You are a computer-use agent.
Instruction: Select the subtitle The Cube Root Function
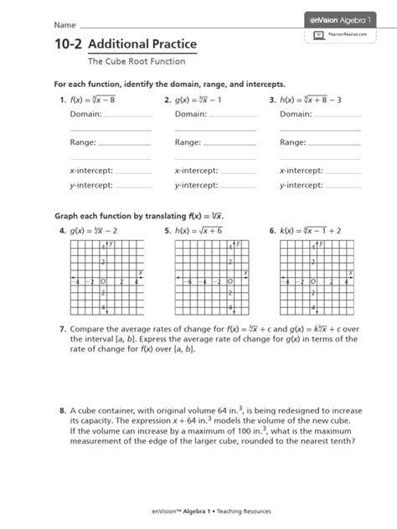point(131,61)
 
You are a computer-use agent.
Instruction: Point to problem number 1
point(61,100)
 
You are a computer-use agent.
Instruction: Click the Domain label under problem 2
point(191,114)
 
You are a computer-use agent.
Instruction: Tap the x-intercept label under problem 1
point(90,170)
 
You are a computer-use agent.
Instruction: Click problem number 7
point(61,330)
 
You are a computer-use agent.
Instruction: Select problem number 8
point(61,411)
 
